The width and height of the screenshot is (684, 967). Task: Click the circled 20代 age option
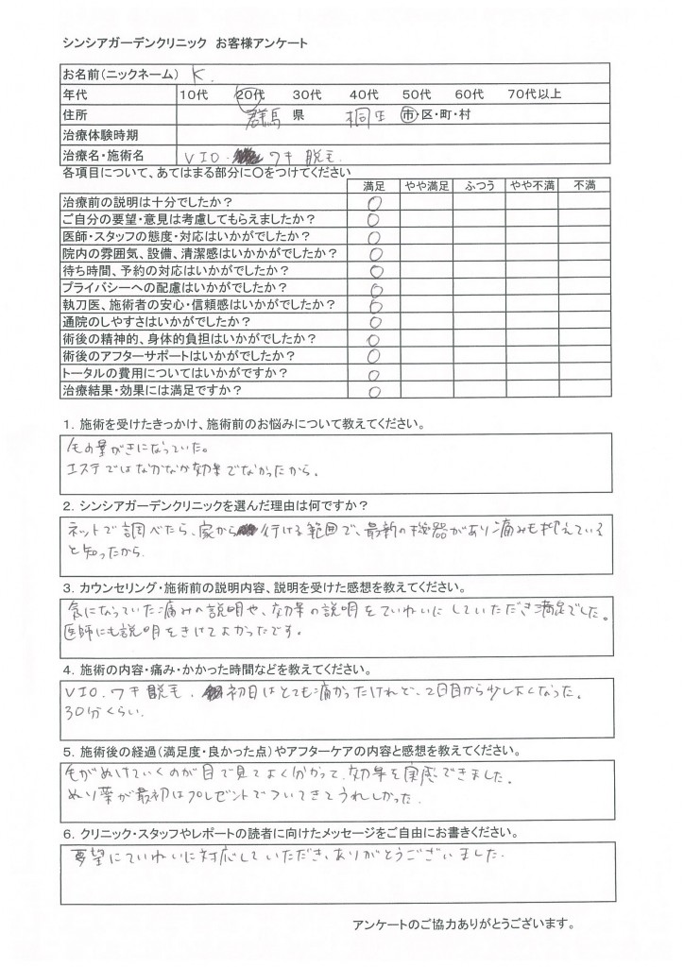click(x=251, y=93)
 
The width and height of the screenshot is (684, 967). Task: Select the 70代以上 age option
click(x=535, y=93)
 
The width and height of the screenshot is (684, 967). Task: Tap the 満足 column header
click(x=375, y=186)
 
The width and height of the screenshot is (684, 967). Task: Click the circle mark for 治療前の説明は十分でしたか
click(x=375, y=203)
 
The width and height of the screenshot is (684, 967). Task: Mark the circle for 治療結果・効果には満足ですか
click(x=375, y=389)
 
